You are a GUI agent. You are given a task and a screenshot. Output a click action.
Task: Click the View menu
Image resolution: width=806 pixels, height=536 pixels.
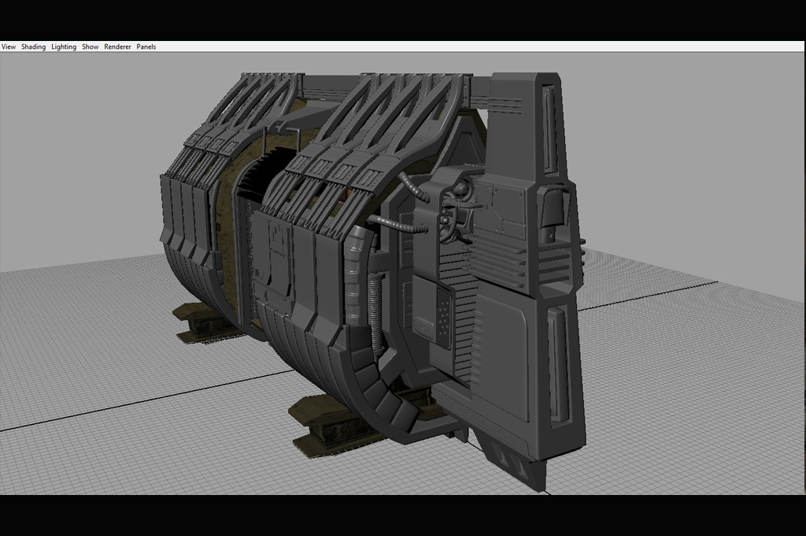coord(8,47)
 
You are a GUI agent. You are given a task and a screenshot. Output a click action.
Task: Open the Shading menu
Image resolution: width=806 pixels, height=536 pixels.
coord(33,47)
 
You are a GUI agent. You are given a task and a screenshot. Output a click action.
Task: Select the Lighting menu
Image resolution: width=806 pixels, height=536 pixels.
coord(64,47)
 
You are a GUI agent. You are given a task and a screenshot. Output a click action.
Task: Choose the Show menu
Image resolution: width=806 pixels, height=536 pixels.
coord(90,47)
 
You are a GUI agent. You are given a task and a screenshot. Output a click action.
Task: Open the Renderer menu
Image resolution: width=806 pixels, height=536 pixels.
coord(117,47)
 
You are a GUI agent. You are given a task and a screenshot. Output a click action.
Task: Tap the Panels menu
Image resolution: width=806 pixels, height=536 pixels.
coord(146,47)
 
